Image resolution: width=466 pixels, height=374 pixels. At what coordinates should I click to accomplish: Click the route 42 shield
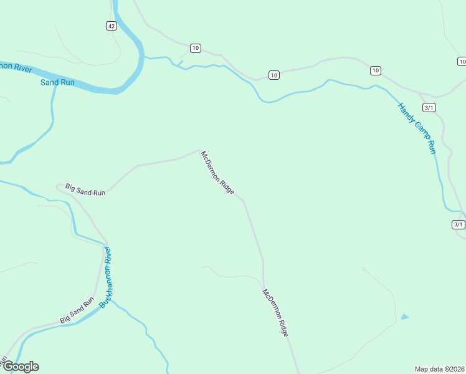coord(111,26)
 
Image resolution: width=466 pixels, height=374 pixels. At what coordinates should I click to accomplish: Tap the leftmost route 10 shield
coord(196,48)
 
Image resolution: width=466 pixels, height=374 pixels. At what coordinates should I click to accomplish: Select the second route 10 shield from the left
coord(274,75)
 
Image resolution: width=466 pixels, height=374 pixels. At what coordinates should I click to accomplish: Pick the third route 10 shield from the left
coord(375,70)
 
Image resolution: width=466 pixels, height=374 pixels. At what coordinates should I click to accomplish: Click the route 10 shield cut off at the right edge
coord(462,61)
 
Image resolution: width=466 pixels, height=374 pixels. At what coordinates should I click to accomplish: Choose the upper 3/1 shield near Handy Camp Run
coord(429,107)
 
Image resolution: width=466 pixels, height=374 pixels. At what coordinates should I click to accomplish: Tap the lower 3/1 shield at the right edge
coord(458,224)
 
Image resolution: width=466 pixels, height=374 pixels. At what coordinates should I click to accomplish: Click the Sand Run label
coord(57,82)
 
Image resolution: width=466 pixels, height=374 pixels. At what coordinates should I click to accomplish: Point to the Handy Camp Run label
coord(416,128)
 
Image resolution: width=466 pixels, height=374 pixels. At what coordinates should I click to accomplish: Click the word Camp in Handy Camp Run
coord(417,129)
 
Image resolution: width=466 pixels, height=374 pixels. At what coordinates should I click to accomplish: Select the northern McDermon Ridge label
coord(217,173)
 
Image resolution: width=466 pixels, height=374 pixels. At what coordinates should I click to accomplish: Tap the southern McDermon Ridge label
coord(275,313)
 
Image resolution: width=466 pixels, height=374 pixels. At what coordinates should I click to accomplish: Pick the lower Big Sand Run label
coord(77,310)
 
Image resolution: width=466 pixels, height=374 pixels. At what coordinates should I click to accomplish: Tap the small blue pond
coord(405,317)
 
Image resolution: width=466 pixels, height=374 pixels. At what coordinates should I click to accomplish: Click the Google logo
coord(20,367)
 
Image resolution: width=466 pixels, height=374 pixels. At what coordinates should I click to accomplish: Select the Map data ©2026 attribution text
coord(439,368)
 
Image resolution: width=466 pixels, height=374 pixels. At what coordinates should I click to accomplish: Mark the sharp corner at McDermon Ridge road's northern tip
coord(200,150)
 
